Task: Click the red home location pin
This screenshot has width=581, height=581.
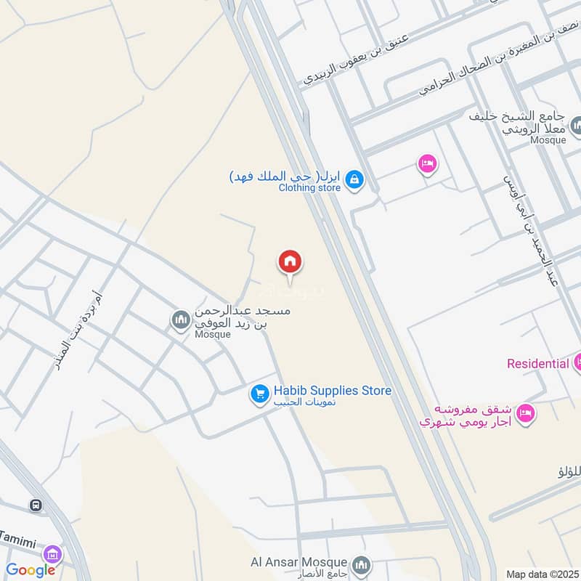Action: pyautogui.click(x=290, y=262)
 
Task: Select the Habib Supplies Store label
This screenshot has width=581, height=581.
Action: pyautogui.click(x=332, y=391)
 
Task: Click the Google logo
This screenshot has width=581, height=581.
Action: pyautogui.click(x=31, y=570)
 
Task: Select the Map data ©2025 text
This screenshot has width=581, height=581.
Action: pyautogui.click(x=541, y=574)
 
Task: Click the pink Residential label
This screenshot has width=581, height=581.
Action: pyautogui.click(x=537, y=363)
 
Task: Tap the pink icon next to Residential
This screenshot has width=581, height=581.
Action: pyautogui.click(x=578, y=361)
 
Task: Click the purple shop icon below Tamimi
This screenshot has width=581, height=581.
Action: pyautogui.click(x=52, y=554)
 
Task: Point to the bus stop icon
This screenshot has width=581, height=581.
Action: pyautogui.click(x=35, y=505)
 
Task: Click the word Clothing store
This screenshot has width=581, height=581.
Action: pyautogui.click(x=309, y=188)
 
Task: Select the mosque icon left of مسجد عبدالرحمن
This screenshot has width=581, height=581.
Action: pyautogui.click(x=179, y=319)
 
